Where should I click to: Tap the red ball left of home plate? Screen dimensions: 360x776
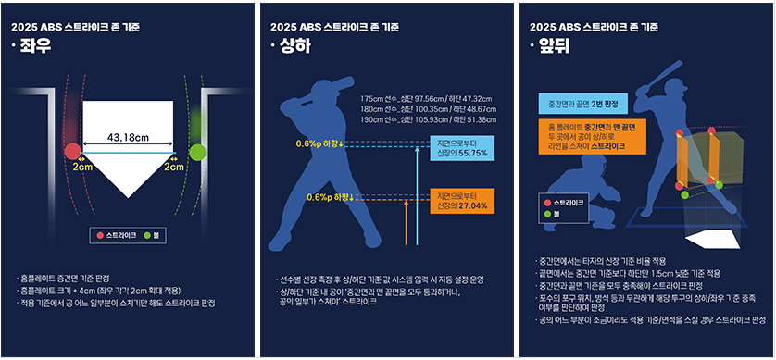pyautogui.click(x=71, y=150)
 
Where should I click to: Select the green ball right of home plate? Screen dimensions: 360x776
pyautogui.click(x=196, y=150)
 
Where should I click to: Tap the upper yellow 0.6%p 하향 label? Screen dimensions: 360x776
pyautogui.click(x=319, y=143)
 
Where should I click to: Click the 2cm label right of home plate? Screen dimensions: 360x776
pyautogui.click(x=173, y=168)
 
